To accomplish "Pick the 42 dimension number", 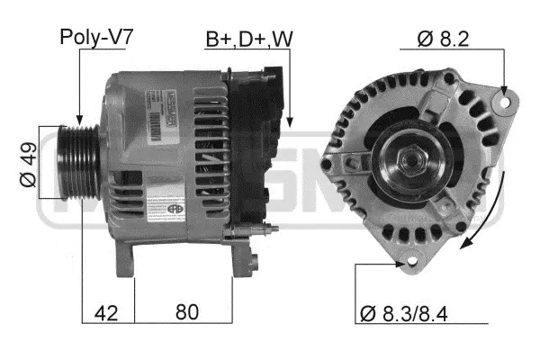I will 107,313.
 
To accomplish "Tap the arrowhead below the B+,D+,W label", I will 290,120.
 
